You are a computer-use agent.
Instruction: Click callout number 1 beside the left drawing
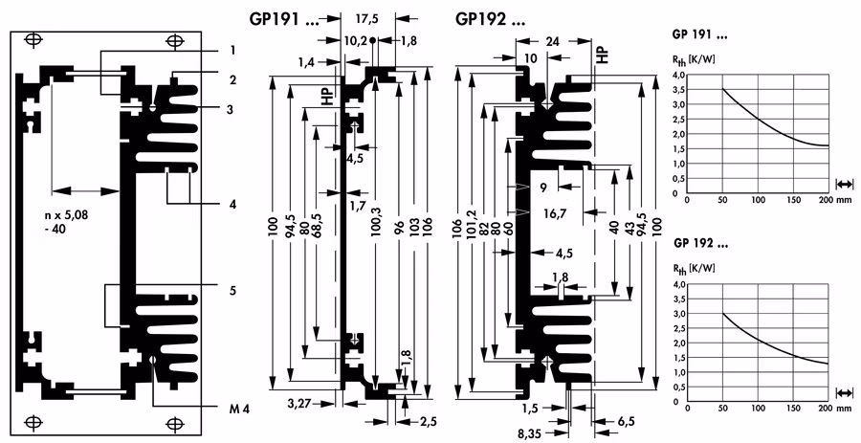click(x=232, y=51)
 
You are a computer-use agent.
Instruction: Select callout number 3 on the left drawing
click(x=232, y=110)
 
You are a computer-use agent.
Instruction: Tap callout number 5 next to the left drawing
click(x=232, y=291)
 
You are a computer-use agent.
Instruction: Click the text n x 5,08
click(x=67, y=215)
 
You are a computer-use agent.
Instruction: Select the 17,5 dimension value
click(x=366, y=19)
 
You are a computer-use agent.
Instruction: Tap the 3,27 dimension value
click(x=299, y=404)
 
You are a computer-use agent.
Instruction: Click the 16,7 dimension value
click(x=554, y=213)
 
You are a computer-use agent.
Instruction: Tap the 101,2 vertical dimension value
click(x=471, y=225)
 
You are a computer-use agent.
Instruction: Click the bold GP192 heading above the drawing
click(x=490, y=20)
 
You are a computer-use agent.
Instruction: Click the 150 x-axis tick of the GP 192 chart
click(x=794, y=408)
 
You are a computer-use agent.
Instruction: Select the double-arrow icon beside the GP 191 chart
click(x=845, y=185)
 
